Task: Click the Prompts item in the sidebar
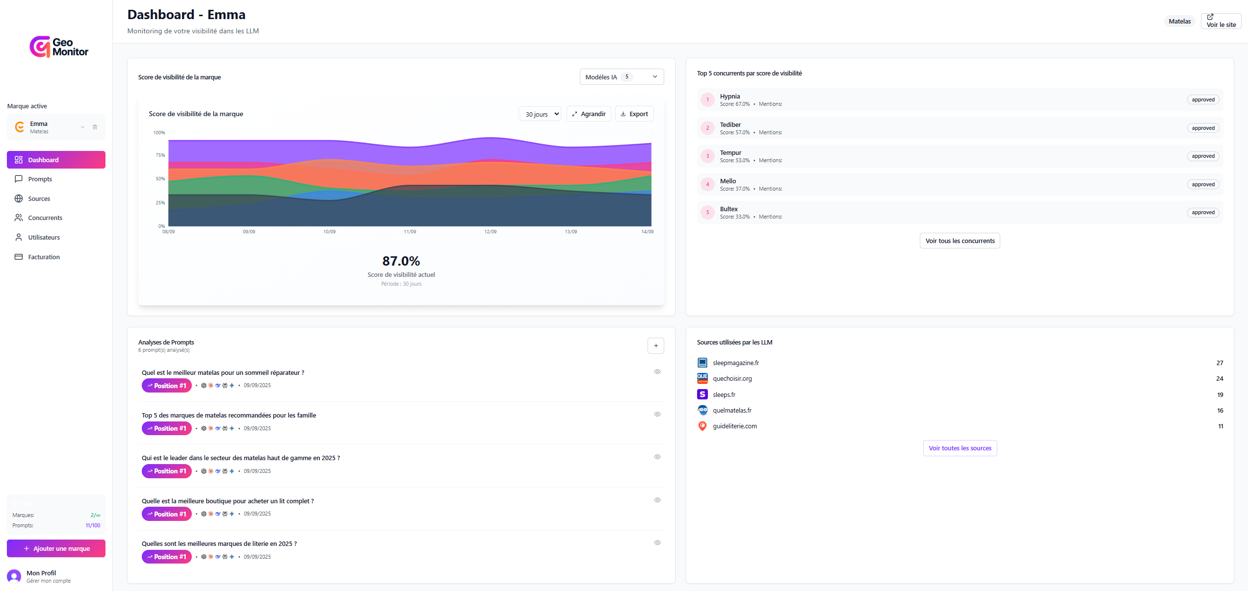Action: tap(40, 179)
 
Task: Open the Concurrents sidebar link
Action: tap(45, 218)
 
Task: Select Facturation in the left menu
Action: tap(44, 257)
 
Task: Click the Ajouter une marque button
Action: tap(56, 548)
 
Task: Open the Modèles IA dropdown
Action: tap(621, 77)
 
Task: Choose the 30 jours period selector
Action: tap(539, 114)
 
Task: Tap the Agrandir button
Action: tap(588, 114)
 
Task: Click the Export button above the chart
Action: tap(634, 114)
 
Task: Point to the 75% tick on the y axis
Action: tap(160, 155)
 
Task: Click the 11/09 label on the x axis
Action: tap(410, 232)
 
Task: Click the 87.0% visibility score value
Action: tap(401, 261)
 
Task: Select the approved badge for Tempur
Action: tap(1203, 156)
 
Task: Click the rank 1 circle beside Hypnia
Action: tap(707, 99)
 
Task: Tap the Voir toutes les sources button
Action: tap(960, 448)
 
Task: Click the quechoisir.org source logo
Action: tap(702, 378)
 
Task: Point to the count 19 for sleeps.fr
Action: tap(1220, 394)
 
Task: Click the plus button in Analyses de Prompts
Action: tap(655, 345)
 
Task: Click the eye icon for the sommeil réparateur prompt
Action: tap(657, 371)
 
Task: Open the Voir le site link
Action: tap(1221, 21)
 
